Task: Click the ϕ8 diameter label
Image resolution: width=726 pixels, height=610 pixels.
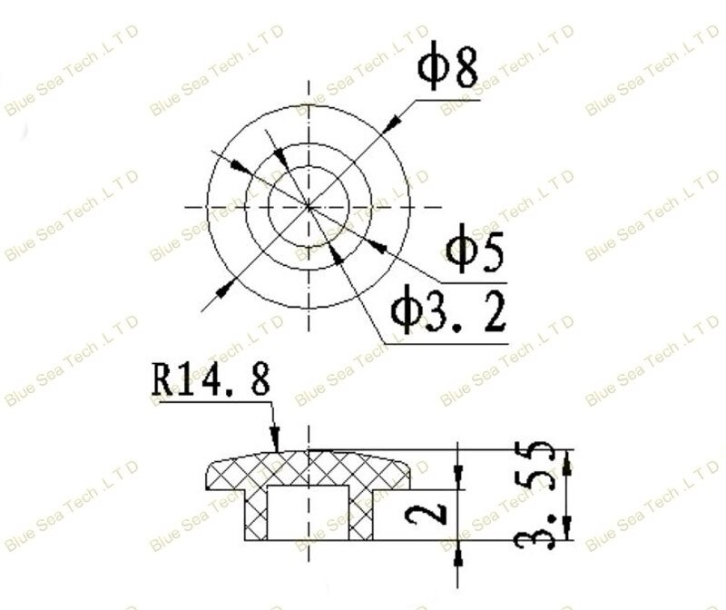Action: point(447,69)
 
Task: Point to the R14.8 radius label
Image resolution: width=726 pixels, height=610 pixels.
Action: point(211,380)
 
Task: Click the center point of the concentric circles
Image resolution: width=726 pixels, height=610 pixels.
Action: point(309,207)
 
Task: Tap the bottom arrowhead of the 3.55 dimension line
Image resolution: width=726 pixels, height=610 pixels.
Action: point(567,528)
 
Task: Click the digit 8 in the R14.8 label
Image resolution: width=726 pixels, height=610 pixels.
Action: point(259,380)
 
